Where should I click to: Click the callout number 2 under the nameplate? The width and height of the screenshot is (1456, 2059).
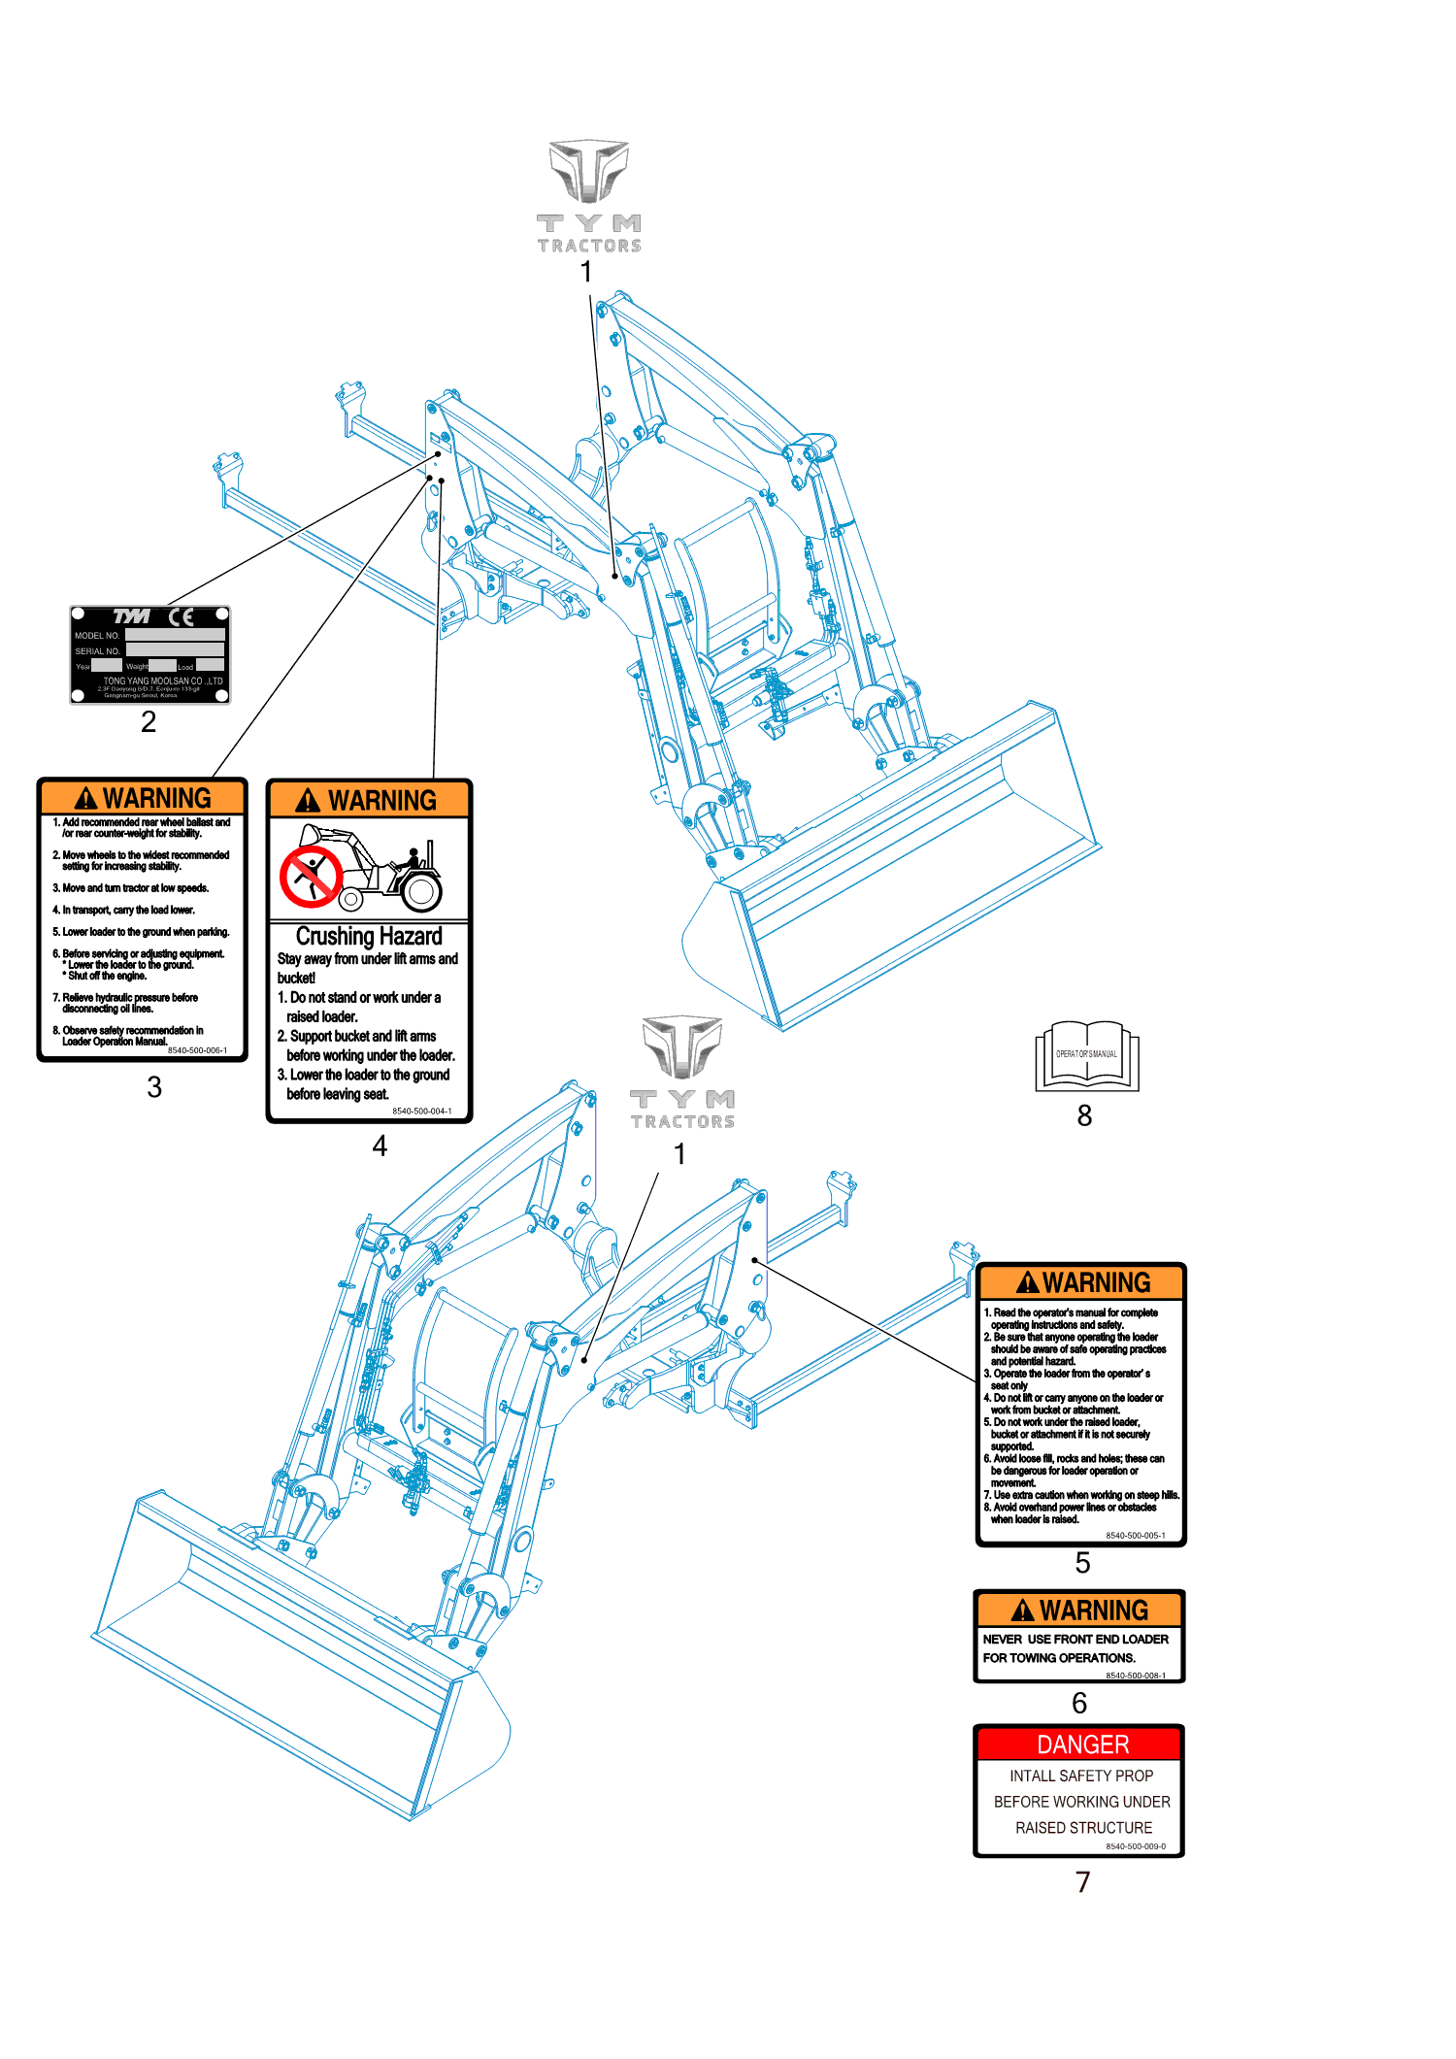[x=149, y=721]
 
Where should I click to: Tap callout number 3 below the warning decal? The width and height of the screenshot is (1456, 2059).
[x=154, y=1087]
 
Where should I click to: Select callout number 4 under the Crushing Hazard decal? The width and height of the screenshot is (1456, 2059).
[x=380, y=1146]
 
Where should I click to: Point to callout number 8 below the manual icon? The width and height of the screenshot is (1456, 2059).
[x=1084, y=1116]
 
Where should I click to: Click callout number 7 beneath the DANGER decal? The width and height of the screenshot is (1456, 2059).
[x=1083, y=1882]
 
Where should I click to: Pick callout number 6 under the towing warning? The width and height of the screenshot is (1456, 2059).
[x=1079, y=1703]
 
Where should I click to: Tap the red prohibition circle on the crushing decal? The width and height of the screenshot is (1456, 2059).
[x=310, y=875]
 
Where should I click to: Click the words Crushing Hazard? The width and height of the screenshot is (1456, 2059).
[x=369, y=937]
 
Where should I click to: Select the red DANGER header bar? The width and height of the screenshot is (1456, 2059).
[x=1080, y=1744]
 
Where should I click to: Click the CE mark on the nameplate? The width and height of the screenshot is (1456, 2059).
[x=182, y=616]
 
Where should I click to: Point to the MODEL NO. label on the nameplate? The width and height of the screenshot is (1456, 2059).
[x=97, y=636]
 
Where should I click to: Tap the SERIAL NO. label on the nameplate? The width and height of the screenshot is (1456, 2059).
[x=97, y=651]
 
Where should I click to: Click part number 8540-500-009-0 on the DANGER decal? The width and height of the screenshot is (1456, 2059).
[x=1135, y=1846]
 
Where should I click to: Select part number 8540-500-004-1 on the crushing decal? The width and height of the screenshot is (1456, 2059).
[x=421, y=1112]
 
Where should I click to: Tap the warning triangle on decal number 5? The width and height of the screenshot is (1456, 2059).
[x=1027, y=1283]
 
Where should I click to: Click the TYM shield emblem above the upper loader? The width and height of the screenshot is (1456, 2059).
[x=588, y=171]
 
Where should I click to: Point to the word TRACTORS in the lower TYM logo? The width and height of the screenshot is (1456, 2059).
[x=682, y=1122]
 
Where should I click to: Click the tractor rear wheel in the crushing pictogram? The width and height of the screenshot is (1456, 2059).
[x=421, y=890]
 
